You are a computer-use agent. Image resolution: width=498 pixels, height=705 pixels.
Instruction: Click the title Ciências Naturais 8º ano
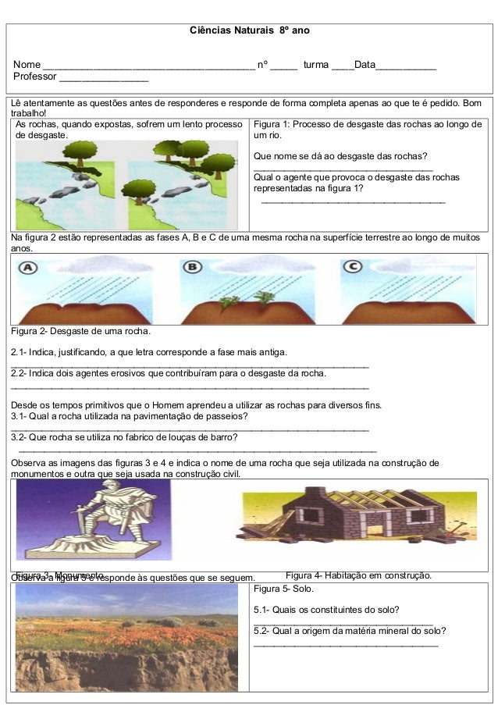click(x=250, y=30)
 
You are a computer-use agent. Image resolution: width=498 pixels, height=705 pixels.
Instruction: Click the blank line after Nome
click(x=148, y=65)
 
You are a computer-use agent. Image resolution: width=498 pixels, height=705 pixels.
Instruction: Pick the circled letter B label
click(x=192, y=268)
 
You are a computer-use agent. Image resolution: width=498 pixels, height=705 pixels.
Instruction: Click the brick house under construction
click(x=343, y=515)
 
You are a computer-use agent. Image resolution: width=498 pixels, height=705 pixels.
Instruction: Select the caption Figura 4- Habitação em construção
click(x=358, y=575)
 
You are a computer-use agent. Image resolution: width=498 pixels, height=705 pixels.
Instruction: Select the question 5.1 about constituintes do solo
click(x=327, y=610)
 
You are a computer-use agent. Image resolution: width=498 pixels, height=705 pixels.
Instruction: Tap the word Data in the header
click(x=365, y=64)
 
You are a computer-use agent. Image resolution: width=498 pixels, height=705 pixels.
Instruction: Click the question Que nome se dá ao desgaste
click(x=335, y=156)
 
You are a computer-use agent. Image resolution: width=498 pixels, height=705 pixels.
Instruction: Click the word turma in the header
click(x=316, y=64)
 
